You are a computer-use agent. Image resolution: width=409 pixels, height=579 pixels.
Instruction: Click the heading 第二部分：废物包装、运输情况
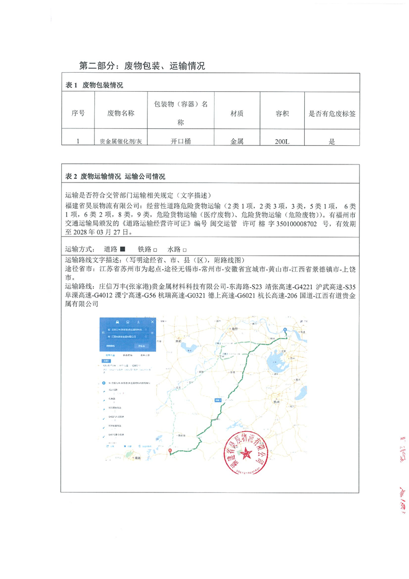142,65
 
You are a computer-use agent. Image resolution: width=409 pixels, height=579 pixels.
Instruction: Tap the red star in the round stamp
244,455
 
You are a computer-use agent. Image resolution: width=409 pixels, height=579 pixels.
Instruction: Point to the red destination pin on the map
171,450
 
